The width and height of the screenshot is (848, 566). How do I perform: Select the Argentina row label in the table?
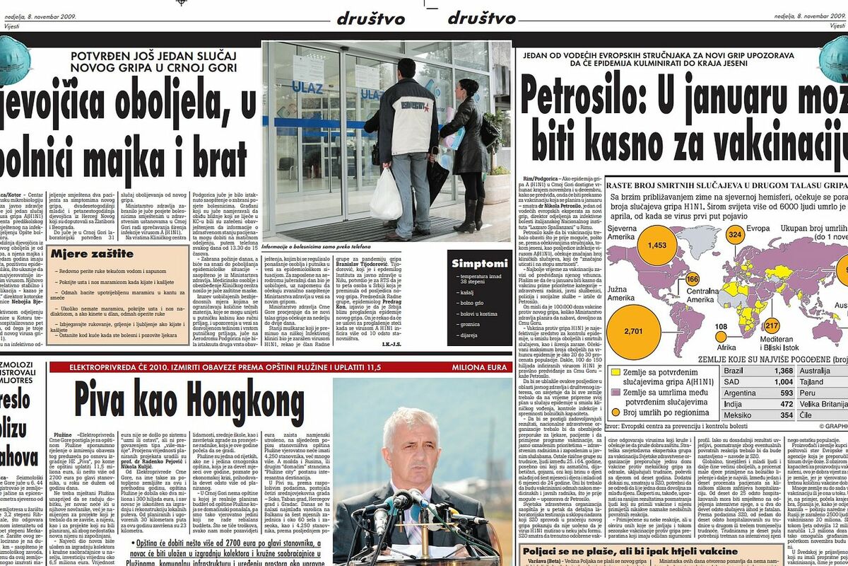tap(740, 393)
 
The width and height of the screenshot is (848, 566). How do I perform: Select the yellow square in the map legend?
tap(616, 372)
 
